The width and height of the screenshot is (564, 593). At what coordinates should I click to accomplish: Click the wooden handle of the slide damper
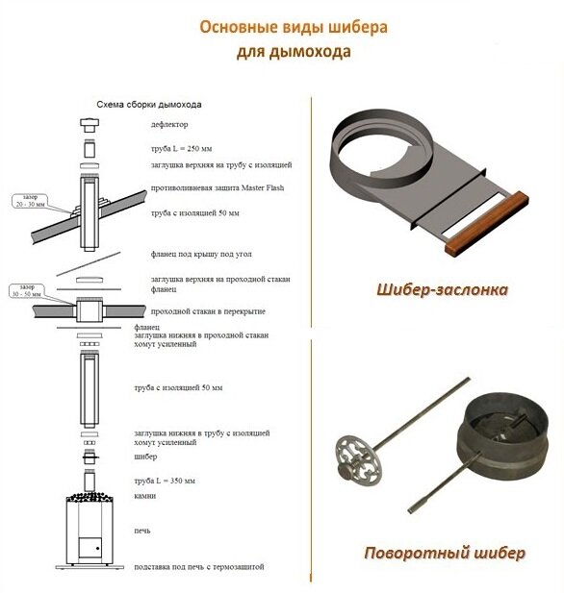click(487, 224)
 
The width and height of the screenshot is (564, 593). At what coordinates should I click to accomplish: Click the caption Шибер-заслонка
click(442, 289)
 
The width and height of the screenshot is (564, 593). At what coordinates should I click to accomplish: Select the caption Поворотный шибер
click(445, 553)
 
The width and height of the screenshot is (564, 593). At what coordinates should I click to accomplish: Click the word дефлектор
click(169, 124)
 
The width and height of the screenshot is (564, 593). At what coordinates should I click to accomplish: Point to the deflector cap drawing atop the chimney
click(90, 125)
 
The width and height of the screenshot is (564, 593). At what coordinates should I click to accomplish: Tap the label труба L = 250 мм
click(182, 149)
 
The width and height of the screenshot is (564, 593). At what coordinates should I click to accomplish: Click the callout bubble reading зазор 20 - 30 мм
click(30, 201)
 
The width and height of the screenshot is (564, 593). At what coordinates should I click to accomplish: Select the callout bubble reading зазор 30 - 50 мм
click(27, 290)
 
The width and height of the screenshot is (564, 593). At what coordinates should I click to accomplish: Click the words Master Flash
click(263, 187)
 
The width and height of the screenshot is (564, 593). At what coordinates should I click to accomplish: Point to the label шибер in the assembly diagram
click(145, 457)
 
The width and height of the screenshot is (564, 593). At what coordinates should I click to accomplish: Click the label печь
click(142, 531)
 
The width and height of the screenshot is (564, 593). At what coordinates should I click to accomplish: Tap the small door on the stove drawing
click(90, 548)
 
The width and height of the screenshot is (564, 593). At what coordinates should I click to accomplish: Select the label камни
click(145, 495)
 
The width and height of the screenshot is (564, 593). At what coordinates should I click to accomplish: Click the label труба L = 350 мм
click(165, 481)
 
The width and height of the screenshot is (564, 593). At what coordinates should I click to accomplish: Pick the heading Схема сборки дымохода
click(149, 105)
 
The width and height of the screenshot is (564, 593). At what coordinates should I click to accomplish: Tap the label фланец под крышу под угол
click(201, 254)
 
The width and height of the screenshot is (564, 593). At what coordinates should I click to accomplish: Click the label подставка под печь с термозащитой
click(199, 567)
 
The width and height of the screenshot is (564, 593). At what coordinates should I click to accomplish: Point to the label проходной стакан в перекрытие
click(208, 311)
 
